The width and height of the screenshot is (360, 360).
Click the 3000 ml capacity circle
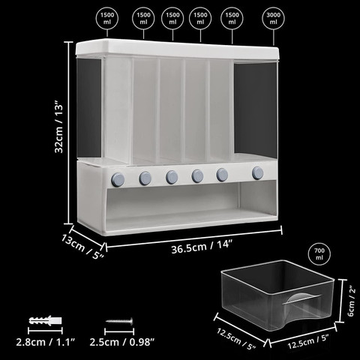pos(274,18)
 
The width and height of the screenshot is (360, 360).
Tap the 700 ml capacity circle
pos(319,254)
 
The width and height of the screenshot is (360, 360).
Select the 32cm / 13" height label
pos(58,127)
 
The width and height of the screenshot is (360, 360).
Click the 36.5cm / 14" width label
pos(202,247)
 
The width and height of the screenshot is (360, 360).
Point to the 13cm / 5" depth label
pos(82,247)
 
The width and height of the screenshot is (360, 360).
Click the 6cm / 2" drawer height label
pos(351,301)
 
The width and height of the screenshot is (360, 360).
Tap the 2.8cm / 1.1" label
pos(46,342)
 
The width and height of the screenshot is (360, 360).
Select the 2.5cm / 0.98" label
pos(122,342)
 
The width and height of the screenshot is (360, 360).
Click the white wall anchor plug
pos(45,320)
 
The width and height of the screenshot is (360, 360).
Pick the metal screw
pos(119,320)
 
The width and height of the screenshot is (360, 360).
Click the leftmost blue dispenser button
pos(118,179)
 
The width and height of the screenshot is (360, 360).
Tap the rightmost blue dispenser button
pos(258,173)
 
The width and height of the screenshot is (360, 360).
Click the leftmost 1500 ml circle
pos(107,18)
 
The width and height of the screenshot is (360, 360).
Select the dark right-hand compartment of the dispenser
pos(256,110)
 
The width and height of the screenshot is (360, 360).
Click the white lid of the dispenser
pos(177,49)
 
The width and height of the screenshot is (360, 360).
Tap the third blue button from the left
pos(172,177)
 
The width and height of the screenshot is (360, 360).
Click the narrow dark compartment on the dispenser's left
pos(88,108)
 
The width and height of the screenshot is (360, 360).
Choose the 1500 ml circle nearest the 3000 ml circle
pos(232,18)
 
